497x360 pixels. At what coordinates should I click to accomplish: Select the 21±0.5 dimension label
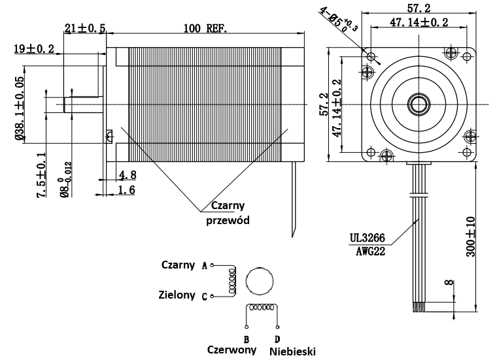pyautogui.click(x=85, y=29)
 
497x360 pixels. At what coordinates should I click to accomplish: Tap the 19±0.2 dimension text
pyautogui.click(x=34, y=48)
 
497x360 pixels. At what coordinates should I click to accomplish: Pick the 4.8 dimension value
pyautogui.click(x=128, y=175)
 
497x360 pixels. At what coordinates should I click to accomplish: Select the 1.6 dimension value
pyautogui.click(x=128, y=189)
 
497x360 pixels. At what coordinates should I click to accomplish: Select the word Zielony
pyautogui.click(x=177, y=295)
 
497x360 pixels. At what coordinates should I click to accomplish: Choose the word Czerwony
pyautogui.click(x=231, y=350)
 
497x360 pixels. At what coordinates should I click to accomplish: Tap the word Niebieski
pyautogui.click(x=291, y=351)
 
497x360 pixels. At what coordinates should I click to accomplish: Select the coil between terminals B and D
pyautogui.click(x=262, y=308)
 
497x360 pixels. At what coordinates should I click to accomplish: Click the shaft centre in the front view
pyautogui.click(x=418, y=103)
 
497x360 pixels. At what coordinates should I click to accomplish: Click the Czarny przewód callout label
pyautogui.click(x=228, y=213)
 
